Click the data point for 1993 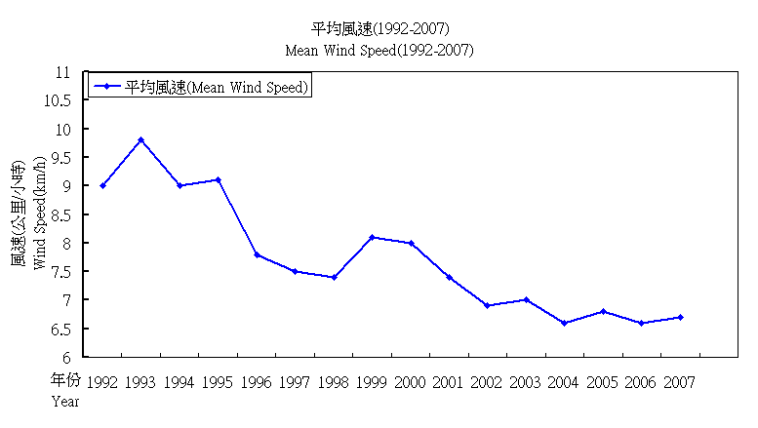(141, 139)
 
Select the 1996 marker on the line (257, 254)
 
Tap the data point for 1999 (373, 237)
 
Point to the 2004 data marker (565, 323)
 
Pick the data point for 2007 (680, 317)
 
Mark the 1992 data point (102, 185)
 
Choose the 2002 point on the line (488, 305)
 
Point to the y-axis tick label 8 (67, 244)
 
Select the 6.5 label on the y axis (60, 330)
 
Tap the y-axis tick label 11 (64, 72)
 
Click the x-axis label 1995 (218, 383)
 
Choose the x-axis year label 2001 (449, 383)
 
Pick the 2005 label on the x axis (602, 383)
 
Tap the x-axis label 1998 (334, 383)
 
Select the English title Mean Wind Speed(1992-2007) (379, 50)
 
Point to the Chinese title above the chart (379, 27)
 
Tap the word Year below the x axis (65, 401)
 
